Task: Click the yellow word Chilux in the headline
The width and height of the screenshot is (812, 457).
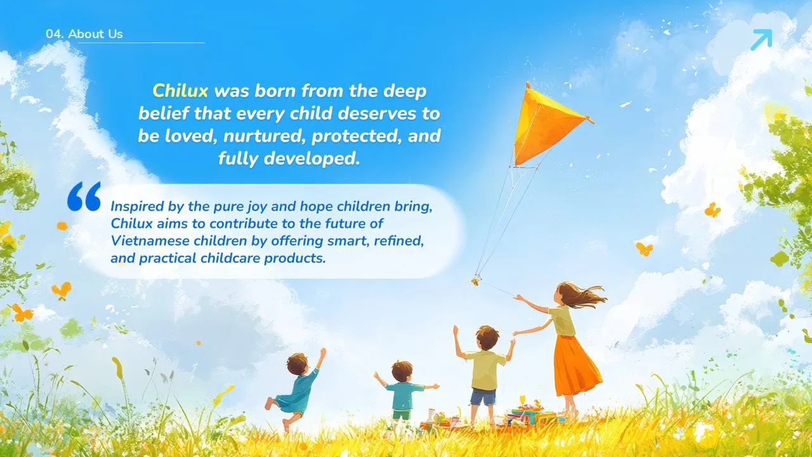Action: pyautogui.click(x=180, y=91)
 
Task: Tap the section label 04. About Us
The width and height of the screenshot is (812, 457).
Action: pyautogui.click(x=84, y=34)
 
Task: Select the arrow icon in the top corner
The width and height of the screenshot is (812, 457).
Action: pyautogui.click(x=761, y=39)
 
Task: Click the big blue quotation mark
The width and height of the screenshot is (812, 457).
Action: pyautogui.click(x=84, y=196)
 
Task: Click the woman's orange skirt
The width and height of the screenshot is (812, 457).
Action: pyautogui.click(x=577, y=366)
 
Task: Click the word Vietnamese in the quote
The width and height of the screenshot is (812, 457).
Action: pyautogui.click(x=150, y=241)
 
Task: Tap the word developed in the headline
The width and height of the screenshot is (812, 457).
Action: pyautogui.click(x=312, y=159)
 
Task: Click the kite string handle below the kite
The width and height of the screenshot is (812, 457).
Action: pyautogui.click(x=476, y=280)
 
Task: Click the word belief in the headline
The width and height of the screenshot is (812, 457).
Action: pyautogui.click(x=164, y=113)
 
